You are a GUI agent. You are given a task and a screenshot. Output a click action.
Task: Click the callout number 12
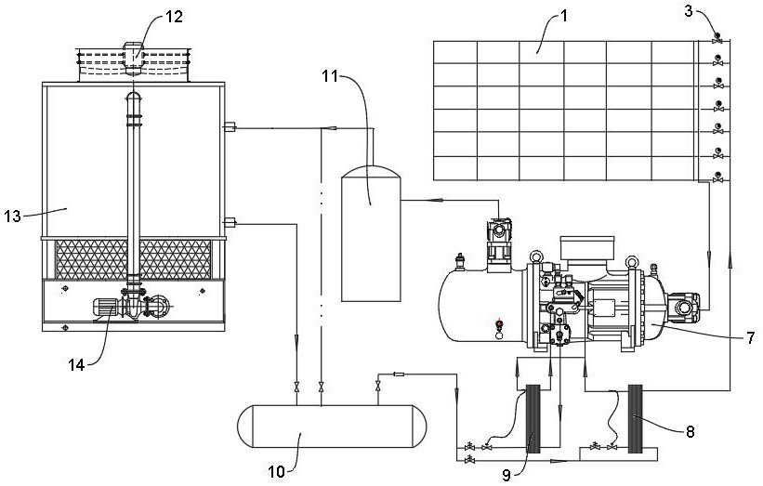coord(173,17)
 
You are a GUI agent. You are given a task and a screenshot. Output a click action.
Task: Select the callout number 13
coord(13,216)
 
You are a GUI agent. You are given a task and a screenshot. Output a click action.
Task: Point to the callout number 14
coord(76,365)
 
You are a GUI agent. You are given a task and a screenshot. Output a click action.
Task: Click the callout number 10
coord(276,471)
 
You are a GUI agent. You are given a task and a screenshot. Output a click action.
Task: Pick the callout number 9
coord(506,475)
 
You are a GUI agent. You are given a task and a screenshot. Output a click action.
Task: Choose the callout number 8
coord(690,431)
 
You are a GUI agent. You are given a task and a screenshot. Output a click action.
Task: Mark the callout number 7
coord(751,337)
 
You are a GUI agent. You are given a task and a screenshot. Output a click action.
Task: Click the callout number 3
coord(689,11)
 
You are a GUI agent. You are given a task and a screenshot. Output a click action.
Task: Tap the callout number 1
coord(564,16)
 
